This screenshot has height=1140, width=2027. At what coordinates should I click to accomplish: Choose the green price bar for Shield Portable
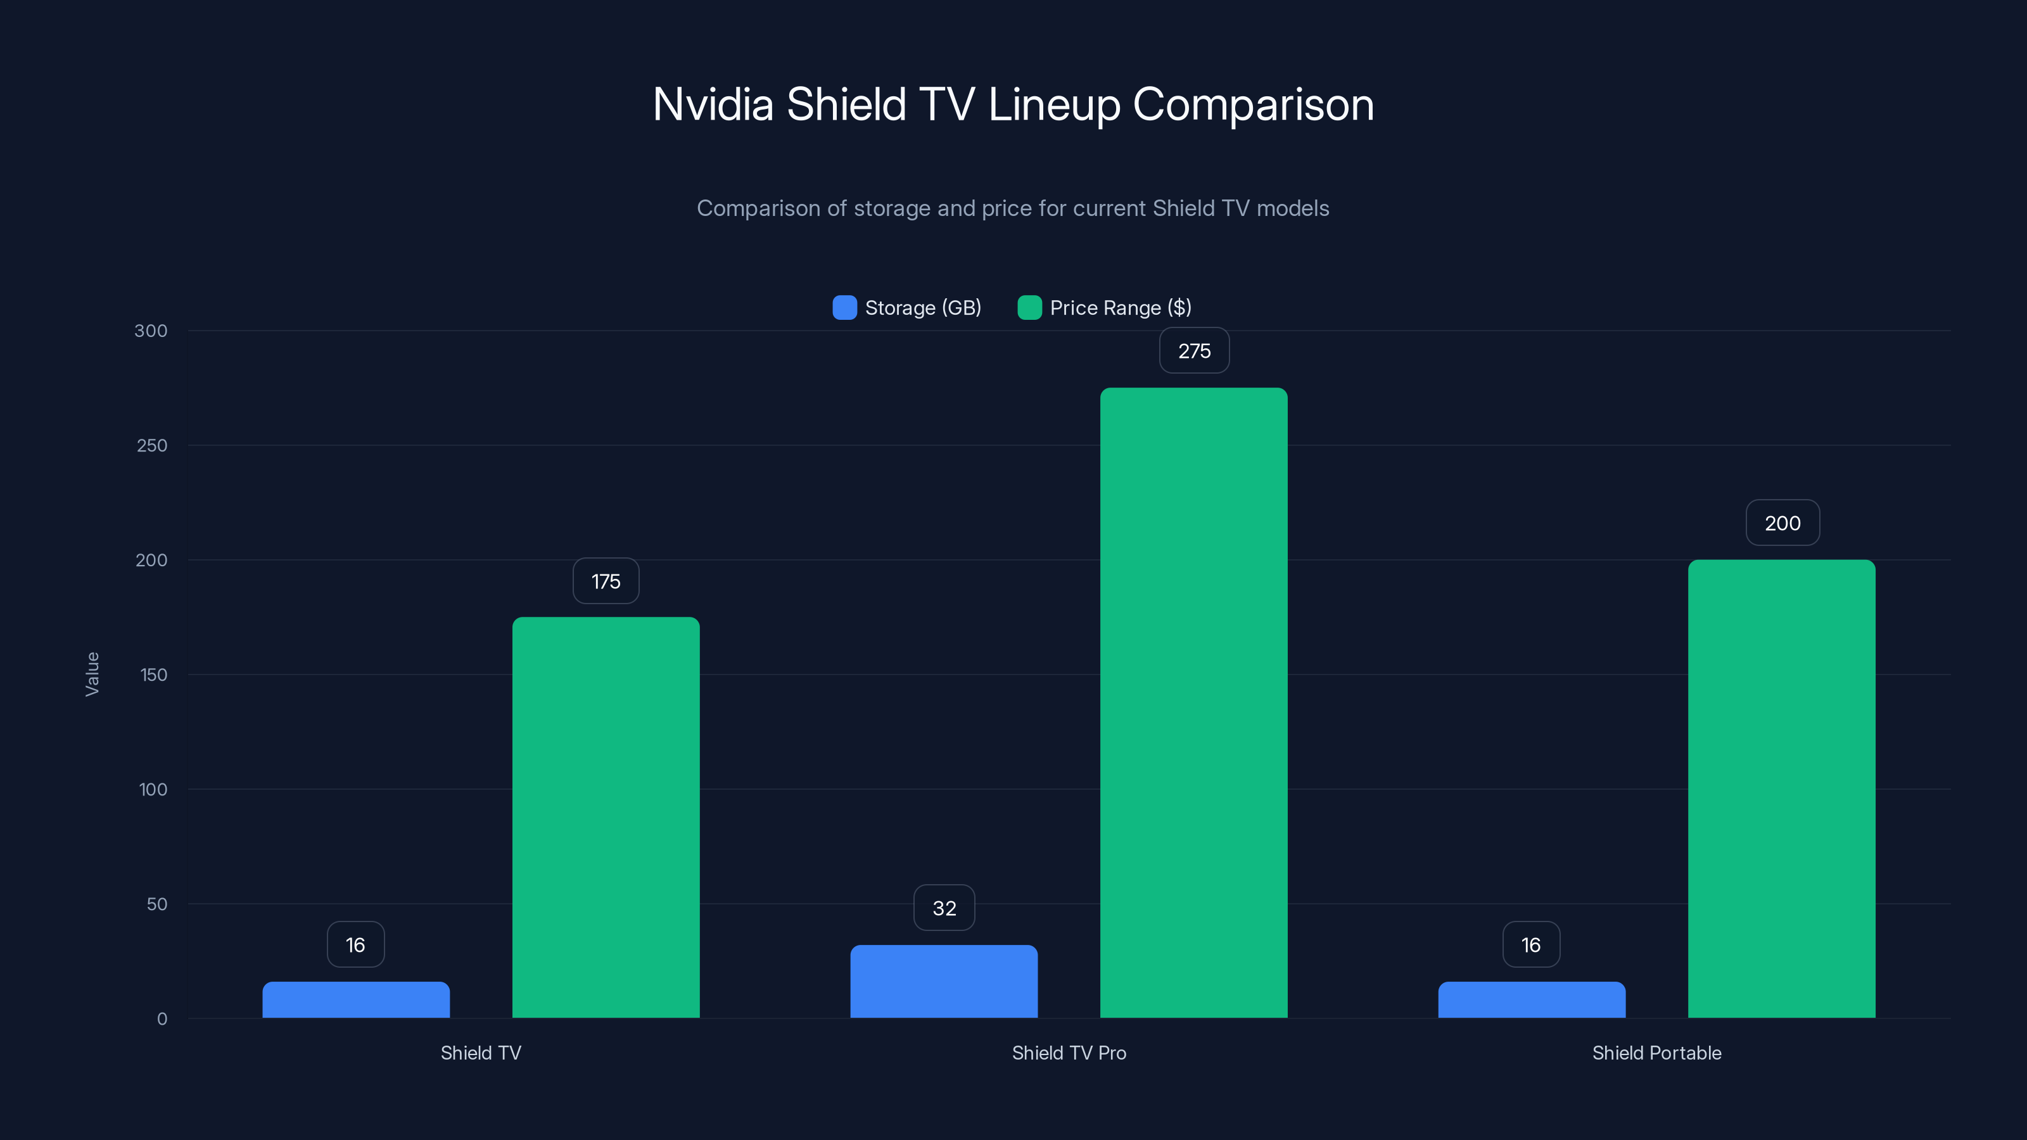[1781, 788]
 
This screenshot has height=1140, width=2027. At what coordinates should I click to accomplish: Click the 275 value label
[1193, 351]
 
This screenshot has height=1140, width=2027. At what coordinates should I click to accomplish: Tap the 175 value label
[606, 581]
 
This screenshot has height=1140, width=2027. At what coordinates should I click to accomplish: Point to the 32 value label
[943, 908]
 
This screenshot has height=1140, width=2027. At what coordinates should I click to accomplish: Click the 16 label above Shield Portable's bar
[1530, 945]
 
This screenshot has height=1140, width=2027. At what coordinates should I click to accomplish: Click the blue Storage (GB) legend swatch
[844, 308]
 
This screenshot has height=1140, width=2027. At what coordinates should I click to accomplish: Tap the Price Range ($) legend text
[1120, 308]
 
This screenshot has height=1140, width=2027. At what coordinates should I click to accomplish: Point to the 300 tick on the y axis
[151, 331]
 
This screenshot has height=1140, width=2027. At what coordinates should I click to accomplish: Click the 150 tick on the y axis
[153, 675]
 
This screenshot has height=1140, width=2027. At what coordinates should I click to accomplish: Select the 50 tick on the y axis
[156, 904]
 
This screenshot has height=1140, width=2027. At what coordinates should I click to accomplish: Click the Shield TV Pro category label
[1069, 1053]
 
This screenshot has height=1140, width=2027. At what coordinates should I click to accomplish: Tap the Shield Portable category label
[1656, 1053]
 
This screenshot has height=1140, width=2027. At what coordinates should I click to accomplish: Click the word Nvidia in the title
[713, 104]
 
